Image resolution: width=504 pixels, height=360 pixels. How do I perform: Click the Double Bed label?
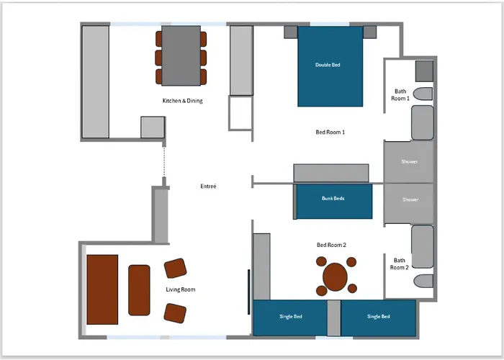pyautogui.click(x=328, y=65)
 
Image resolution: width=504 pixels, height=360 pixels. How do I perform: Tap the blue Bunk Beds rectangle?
pyautogui.click(x=334, y=201)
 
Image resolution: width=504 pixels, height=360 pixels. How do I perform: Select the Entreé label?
pyautogui.click(x=208, y=186)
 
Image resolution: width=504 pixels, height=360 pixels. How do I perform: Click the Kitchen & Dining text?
pyautogui.click(x=183, y=101)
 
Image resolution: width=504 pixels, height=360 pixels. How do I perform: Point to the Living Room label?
pyautogui.click(x=180, y=289)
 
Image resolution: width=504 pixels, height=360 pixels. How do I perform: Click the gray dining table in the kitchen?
pyautogui.click(x=181, y=55)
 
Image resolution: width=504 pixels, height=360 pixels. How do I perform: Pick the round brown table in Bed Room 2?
pyautogui.click(x=335, y=276)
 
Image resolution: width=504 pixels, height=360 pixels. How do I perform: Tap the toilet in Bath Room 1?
pyautogui.click(x=423, y=94)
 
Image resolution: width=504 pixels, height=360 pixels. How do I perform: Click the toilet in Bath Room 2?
pyautogui.click(x=423, y=281)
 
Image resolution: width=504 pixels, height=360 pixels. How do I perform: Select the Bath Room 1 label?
pyautogui.click(x=400, y=95)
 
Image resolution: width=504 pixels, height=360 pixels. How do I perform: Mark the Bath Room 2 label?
pyautogui.click(x=399, y=264)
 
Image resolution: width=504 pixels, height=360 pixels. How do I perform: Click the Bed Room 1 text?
pyautogui.click(x=330, y=132)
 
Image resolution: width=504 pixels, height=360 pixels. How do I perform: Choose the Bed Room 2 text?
pyautogui.click(x=331, y=245)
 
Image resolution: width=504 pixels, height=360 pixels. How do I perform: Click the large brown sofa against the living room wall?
pyautogui.click(x=102, y=289)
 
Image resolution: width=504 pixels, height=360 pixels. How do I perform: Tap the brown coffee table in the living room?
pyautogui.click(x=139, y=290)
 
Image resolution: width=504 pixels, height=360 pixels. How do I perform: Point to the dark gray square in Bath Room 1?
pyautogui.click(x=424, y=71)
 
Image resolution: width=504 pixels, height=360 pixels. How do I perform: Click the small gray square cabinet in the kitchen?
pyautogui.click(x=153, y=127)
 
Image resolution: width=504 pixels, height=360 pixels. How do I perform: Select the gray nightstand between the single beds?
pyautogui.click(x=334, y=318)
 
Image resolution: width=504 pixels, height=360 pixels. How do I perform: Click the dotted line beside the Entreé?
pyautogui.click(x=164, y=162)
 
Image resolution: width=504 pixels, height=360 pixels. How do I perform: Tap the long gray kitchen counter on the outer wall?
pyautogui.click(x=96, y=82)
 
